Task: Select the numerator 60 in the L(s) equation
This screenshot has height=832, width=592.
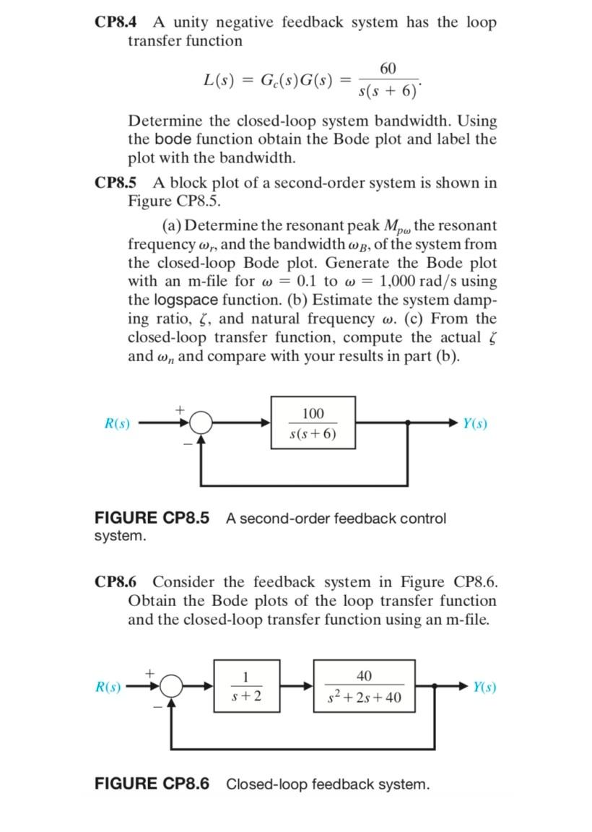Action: (388, 68)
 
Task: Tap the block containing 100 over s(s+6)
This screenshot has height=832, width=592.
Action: (313, 423)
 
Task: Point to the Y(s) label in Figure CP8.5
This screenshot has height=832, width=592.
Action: (475, 424)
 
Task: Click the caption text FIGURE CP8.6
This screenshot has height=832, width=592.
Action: (152, 784)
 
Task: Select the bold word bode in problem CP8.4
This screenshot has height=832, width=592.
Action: (170, 139)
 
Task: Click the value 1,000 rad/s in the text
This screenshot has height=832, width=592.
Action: (429, 281)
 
